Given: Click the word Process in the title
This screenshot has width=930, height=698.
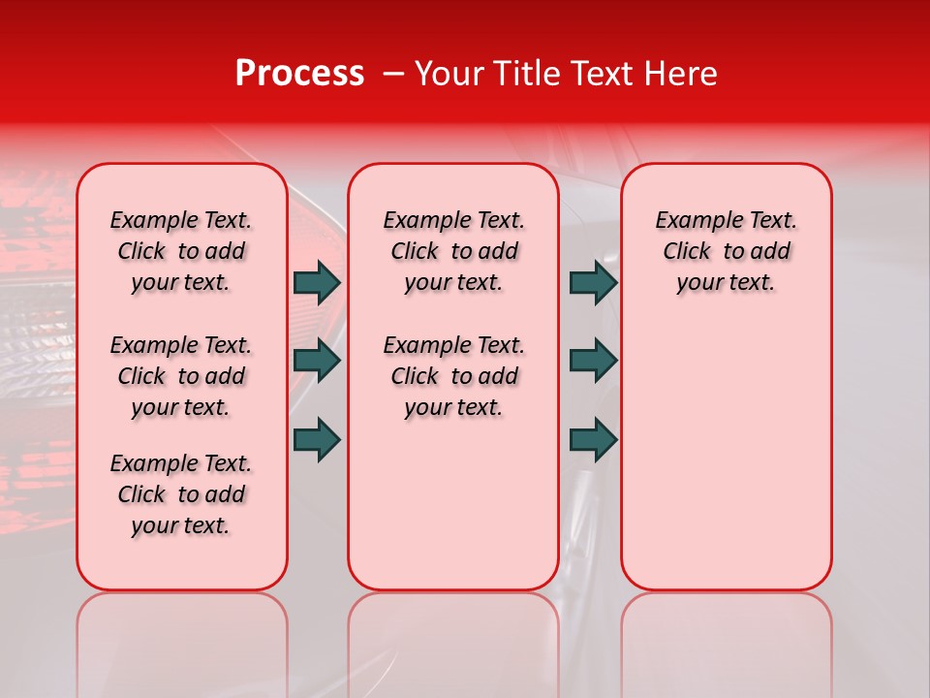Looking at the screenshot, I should (x=299, y=74).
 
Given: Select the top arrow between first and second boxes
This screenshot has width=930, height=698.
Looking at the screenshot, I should (x=317, y=282).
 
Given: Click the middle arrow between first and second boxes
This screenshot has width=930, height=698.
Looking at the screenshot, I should (x=317, y=361).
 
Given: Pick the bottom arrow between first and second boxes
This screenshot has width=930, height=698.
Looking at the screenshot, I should (x=317, y=439).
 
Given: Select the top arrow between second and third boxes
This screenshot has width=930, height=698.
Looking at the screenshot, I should (x=593, y=282).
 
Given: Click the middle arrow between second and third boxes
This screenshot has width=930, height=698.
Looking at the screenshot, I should (x=593, y=361).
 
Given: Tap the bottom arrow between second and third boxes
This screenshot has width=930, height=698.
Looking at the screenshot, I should (x=593, y=439).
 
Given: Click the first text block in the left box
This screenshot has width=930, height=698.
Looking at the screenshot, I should (x=181, y=251).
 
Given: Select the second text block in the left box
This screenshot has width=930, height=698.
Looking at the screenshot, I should (x=181, y=376).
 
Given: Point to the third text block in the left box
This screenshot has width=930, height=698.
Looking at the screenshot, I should (x=181, y=494).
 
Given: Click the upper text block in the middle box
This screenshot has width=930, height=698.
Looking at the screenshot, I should (x=453, y=251).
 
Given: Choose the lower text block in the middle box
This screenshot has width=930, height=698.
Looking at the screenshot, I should (x=453, y=376).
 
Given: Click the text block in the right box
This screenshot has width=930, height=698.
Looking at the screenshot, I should (x=726, y=251).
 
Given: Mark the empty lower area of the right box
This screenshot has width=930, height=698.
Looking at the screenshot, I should (x=726, y=456).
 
